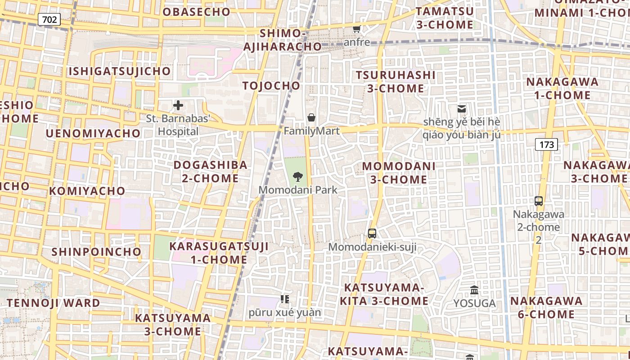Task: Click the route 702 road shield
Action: click(x=49, y=19)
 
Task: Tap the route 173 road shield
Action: click(x=546, y=144)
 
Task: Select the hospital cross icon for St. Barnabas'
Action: click(x=178, y=106)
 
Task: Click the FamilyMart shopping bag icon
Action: click(x=311, y=118)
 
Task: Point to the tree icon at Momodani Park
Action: click(x=297, y=176)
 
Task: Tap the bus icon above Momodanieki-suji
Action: click(x=372, y=233)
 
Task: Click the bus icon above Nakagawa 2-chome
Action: click(x=539, y=201)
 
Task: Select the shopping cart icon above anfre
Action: click(x=357, y=29)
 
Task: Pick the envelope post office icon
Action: click(x=462, y=108)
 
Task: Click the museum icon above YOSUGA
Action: click(x=474, y=290)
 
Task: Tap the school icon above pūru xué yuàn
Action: click(x=284, y=299)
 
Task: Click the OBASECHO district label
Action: click(x=196, y=12)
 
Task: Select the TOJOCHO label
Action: click(x=271, y=85)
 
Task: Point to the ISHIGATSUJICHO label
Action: click(x=120, y=71)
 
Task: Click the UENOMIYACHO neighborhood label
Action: click(x=93, y=133)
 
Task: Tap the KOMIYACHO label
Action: click(x=87, y=191)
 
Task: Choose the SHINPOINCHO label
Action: click(x=96, y=252)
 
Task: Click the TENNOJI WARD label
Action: click(x=53, y=303)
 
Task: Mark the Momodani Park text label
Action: click(x=298, y=190)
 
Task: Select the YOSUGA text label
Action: click(x=474, y=303)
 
